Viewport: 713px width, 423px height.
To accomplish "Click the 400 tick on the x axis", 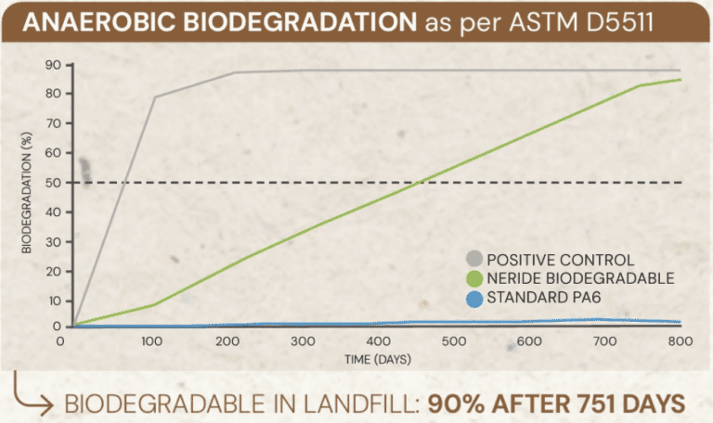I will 380,342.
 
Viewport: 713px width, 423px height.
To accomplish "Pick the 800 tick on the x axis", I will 681,342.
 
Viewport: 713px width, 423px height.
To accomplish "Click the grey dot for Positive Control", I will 475,259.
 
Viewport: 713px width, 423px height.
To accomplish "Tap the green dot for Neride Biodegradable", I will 475,277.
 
